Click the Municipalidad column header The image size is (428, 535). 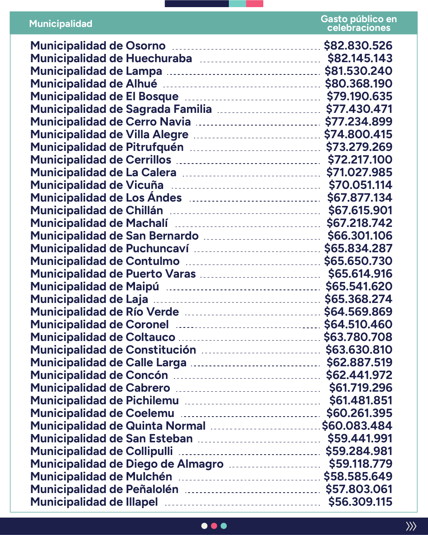click(x=61, y=24)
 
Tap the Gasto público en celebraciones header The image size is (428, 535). click(x=358, y=23)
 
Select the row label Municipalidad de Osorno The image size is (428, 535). click(x=98, y=46)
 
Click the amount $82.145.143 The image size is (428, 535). click(x=360, y=59)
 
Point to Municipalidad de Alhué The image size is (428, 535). click(x=94, y=84)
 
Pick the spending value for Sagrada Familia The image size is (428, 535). click(x=359, y=109)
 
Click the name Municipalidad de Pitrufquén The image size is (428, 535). click(x=107, y=147)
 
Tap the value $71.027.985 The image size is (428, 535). click(x=359, y=173)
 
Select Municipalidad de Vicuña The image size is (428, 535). click(x=97, y=185)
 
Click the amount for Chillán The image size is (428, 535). click(x=360, y=211)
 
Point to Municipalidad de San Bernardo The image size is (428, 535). click(x=114, y=236)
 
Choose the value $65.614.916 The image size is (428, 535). click(x=360, y=274)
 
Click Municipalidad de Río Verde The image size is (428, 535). click(x=105, y=312)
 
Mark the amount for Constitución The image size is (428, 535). click(x=359, y=350)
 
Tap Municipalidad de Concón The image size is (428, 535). click(x=99, y=375)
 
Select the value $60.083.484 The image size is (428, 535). click(x=357, y=426)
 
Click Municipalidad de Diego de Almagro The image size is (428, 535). click(x=127, y=464)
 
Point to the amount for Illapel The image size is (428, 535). click(x=360, y=502)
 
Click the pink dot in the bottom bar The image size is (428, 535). click(x=214, y=526)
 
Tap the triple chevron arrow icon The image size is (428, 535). click(x=411, y=526)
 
